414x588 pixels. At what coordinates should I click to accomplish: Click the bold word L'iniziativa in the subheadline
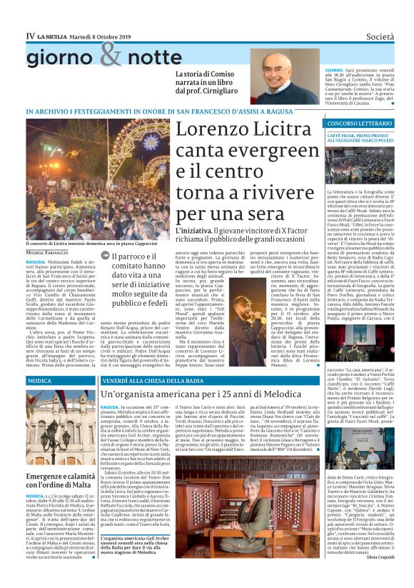point(193,231)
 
